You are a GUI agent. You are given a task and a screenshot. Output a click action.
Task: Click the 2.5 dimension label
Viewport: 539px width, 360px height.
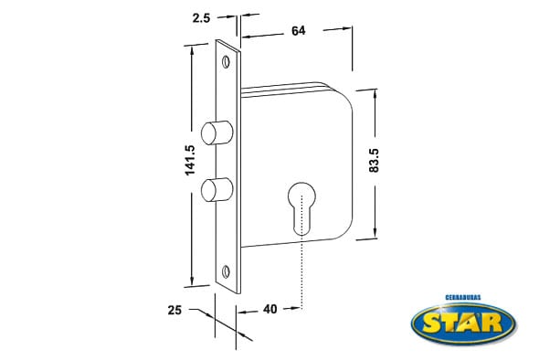coord(201,18)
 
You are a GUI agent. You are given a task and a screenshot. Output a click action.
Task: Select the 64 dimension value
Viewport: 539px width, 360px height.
coord(298,31)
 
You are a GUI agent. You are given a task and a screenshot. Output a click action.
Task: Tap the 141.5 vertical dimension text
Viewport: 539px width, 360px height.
coord(190,160)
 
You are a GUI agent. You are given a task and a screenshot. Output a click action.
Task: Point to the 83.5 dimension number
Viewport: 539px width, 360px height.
coord(374,160)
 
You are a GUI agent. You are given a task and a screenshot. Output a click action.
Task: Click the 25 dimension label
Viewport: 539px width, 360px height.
coord(174,310)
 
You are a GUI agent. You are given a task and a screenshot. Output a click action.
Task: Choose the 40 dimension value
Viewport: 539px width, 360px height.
coord(269,309)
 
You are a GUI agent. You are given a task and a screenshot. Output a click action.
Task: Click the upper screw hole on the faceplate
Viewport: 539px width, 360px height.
coord(226,62)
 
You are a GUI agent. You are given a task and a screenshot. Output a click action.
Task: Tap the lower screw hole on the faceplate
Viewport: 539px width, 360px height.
coord(226,271)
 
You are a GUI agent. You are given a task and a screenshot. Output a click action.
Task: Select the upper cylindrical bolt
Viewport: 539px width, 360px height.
coord(217,132)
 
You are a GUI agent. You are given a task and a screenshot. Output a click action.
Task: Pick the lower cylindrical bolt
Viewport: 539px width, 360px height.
coord(217,189)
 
